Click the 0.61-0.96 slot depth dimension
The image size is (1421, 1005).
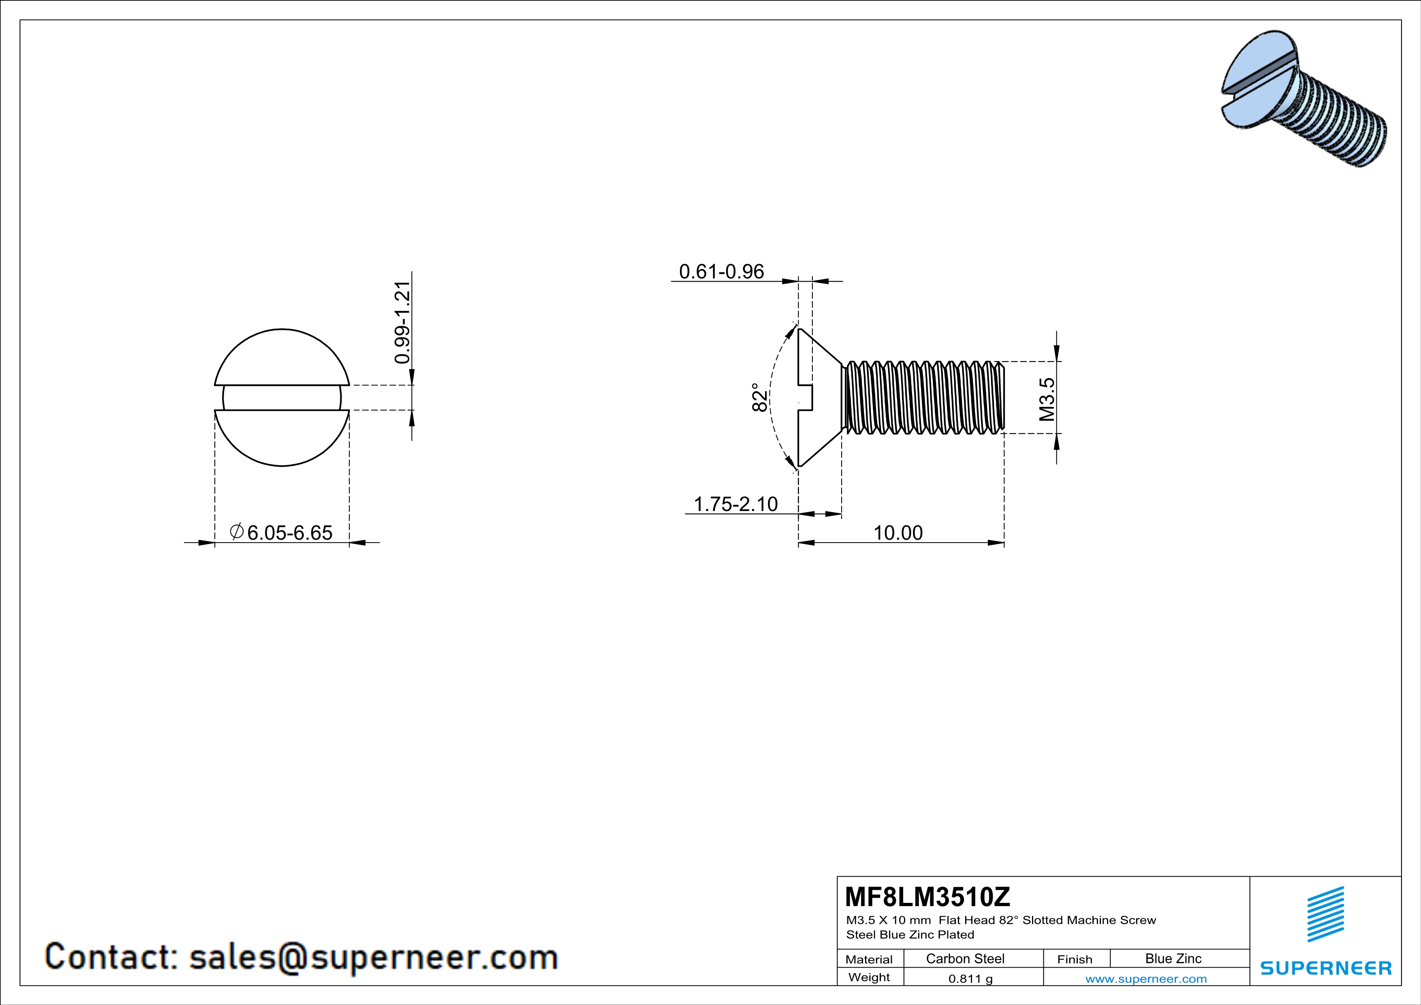point(722,272)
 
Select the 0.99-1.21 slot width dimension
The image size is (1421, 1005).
point(402,323)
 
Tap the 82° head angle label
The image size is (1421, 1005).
point(760,397)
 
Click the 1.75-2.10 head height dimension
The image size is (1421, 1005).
point(736,504)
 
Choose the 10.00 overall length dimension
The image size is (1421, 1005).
point(897,533)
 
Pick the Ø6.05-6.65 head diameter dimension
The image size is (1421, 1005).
point(281,532)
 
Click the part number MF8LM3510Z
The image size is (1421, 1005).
point(927,896)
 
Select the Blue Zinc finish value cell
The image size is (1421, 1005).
point(1173,958)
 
